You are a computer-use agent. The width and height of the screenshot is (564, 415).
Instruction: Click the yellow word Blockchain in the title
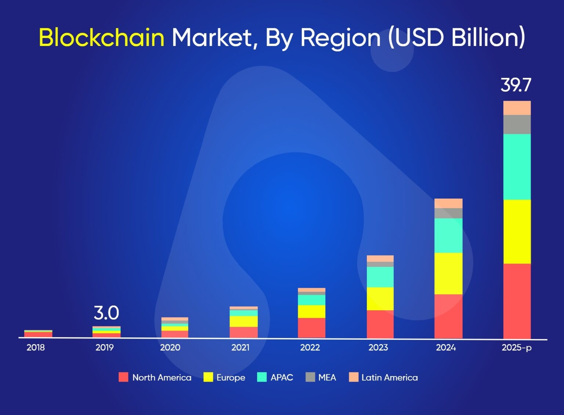[101, 37]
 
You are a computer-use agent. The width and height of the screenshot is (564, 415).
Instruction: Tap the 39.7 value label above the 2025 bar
[516, 85]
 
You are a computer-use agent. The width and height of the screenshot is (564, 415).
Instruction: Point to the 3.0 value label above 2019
[106, 313]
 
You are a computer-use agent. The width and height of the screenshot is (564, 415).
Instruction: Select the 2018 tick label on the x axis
[36, 347]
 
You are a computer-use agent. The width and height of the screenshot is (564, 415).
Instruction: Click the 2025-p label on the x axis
[516, 347]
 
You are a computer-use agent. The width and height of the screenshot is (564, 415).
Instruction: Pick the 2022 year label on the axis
[310, 347]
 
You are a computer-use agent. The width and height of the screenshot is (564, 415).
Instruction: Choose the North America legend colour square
[123, 377]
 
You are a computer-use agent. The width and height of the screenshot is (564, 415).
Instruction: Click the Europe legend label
[231, 378]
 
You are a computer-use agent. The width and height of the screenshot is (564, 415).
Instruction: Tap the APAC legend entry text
[282, 378]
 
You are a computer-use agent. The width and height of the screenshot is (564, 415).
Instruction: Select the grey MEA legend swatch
[310, 377]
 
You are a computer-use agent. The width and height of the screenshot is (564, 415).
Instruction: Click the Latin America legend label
[390, 378]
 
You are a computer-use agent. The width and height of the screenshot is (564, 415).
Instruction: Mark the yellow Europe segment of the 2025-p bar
[517, 232]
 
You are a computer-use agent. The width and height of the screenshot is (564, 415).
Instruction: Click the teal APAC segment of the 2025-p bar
[517, 167]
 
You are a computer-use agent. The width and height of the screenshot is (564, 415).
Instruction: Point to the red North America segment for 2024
[448, 316]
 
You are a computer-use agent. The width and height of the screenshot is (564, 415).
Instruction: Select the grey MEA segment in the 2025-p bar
[517, 124]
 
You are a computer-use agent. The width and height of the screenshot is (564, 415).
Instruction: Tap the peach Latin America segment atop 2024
[448, 203]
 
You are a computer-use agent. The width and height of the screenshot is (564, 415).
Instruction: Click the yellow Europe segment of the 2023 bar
[380, 298]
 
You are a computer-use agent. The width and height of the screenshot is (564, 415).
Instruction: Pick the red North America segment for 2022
[311, 328]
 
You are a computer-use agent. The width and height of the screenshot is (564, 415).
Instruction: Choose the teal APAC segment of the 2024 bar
[448, 236]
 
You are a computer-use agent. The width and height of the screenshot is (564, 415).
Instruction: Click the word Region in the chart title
[340, 37]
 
